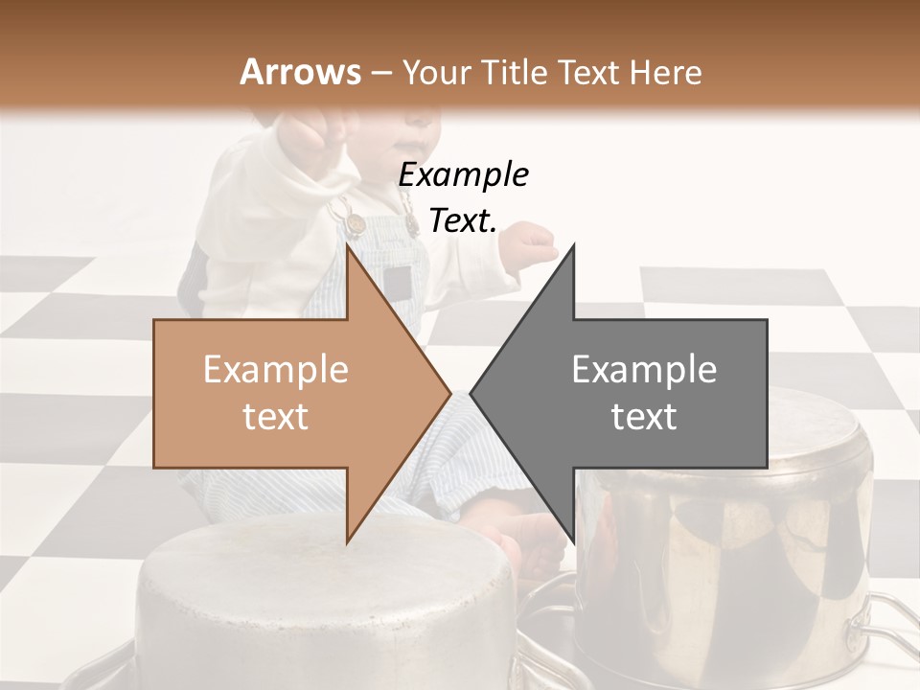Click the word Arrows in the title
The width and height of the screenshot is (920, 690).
301,72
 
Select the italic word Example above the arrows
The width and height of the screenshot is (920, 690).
463,175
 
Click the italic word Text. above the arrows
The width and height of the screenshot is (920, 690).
463,221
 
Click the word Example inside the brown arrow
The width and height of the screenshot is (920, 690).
276,370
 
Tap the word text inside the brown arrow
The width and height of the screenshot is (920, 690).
276,417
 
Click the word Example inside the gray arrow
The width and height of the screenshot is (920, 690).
644,370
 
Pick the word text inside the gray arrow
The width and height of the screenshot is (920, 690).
644,417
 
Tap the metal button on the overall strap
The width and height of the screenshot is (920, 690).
356,223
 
